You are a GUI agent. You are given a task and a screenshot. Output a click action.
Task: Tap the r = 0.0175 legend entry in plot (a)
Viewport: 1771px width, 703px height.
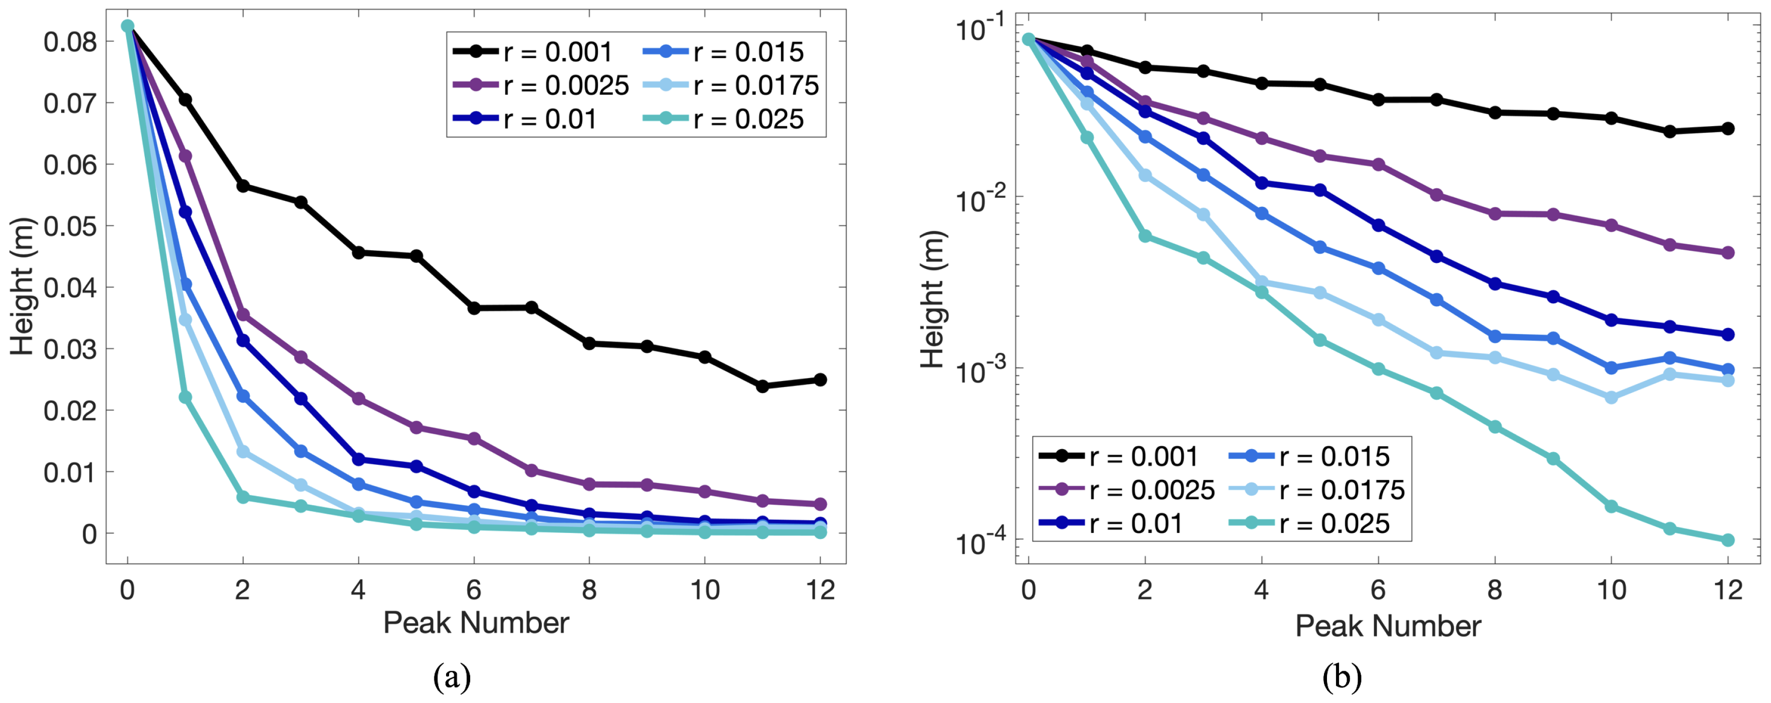[x=732, y=85]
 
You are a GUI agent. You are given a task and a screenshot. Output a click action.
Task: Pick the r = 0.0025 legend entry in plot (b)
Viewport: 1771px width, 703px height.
[x=1128, y=490]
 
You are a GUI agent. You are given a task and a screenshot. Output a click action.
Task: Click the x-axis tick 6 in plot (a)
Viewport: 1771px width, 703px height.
[x=474, y=590]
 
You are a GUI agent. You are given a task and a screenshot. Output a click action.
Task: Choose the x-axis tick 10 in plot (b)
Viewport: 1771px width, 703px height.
[x=1611, y=590]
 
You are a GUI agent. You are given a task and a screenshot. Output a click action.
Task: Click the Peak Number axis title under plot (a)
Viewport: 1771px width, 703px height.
[x=476, y=623]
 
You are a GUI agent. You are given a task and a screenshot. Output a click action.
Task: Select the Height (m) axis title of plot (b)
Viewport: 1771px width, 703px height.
[x=933, y=299]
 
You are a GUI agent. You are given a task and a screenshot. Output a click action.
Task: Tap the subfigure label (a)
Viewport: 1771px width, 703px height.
[x=452, y=678]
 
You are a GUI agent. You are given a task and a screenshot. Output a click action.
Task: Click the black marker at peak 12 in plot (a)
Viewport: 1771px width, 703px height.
[x=820, y=380]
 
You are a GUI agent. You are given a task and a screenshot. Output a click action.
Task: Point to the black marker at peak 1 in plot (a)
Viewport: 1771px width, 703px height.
[x=185, y=100]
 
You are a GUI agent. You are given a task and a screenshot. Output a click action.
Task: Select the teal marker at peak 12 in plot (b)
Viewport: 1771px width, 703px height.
[x=1728, y=540]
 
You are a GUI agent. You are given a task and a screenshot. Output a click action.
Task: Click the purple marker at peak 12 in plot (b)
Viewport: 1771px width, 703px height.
[x=1728, y=252]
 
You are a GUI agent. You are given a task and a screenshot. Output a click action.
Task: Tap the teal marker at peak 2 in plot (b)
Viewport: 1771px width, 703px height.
[x=1145, y=236]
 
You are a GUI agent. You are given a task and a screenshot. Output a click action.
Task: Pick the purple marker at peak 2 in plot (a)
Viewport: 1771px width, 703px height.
[x=243, y=314]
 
